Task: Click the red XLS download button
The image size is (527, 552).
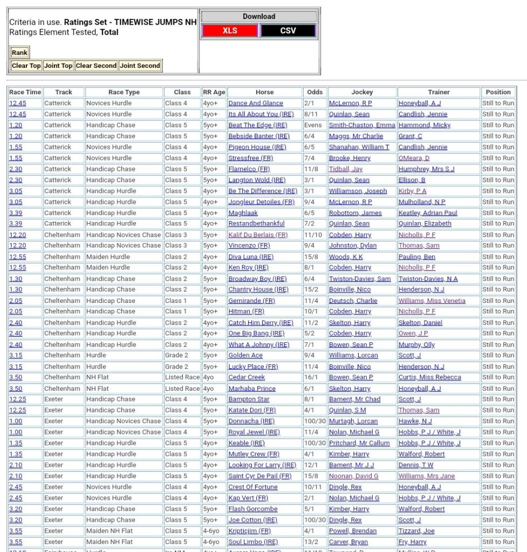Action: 230,31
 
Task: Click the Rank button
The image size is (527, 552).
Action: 19,52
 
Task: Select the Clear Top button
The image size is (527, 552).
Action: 26,66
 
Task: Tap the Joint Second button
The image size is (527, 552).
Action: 140,66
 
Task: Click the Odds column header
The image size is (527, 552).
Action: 314,92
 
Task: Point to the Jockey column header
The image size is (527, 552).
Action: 362,92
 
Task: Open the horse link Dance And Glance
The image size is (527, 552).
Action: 255,103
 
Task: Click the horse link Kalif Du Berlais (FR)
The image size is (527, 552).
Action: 258,235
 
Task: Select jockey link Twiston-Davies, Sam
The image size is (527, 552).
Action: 360,279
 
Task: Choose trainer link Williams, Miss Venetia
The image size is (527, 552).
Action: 432,301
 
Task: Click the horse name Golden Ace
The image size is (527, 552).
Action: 245,355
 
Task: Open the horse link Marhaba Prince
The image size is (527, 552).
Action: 252,389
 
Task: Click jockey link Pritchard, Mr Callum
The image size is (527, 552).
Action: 359,443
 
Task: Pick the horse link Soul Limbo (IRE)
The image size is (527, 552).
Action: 253,542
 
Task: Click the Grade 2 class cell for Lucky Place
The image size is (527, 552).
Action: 176,367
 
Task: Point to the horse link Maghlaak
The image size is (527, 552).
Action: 243,213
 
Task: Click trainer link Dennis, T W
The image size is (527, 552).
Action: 415,465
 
